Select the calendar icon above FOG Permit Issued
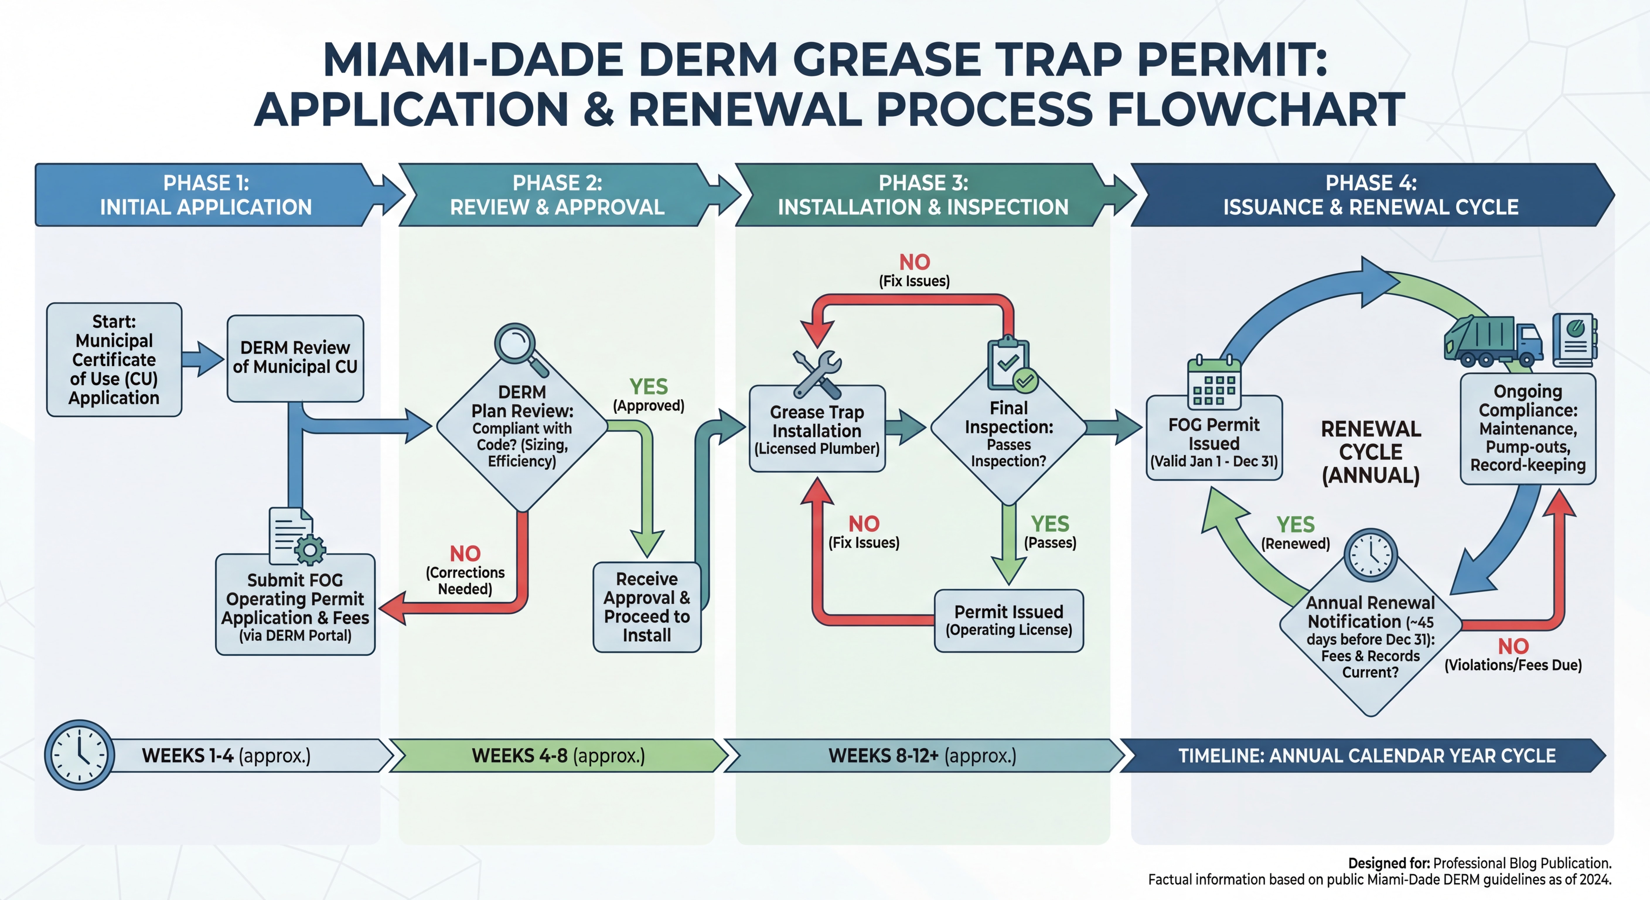(x=1214, y=383)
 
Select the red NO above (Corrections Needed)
(x=465, y=553)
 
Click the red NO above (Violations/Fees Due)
(x=1513, y=646)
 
